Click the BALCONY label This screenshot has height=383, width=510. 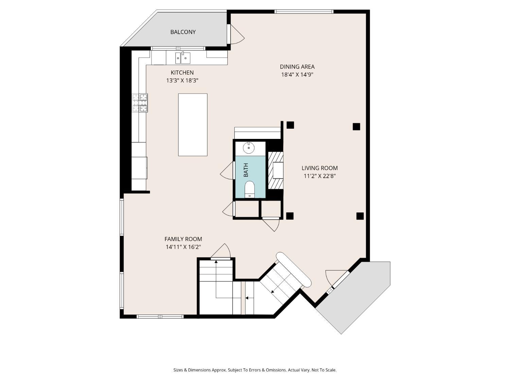click(x=183, y=32)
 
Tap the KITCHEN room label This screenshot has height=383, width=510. click(x=182, y=73)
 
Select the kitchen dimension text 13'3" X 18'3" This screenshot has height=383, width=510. click(x=182, y=81)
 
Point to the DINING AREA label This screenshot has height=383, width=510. click(x=297, y=67)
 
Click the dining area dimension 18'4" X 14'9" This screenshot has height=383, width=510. click(x=297, y=75)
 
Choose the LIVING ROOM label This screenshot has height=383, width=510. click(x=320, y=168)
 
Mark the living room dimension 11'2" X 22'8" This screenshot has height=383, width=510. click(x=320, y=176)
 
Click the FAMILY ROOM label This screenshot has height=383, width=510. click(x=183, y=239)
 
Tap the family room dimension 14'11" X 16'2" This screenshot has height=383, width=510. click(x=183, y=247)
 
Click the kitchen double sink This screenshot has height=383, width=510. click(x=183, y=58)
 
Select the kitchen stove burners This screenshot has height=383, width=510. click(x=140, y=103)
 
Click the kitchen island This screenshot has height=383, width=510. click(x=193, y=125)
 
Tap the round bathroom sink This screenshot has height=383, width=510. click(x=249, y=148)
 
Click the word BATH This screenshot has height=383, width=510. click(x=246, y=170)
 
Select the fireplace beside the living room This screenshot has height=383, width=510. click(x=276, y=170)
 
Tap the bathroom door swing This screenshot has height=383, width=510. click(x=227, y=170)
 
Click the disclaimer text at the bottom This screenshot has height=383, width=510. click(x=255, y=370)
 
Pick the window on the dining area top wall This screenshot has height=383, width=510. click(x=304, y=12)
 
